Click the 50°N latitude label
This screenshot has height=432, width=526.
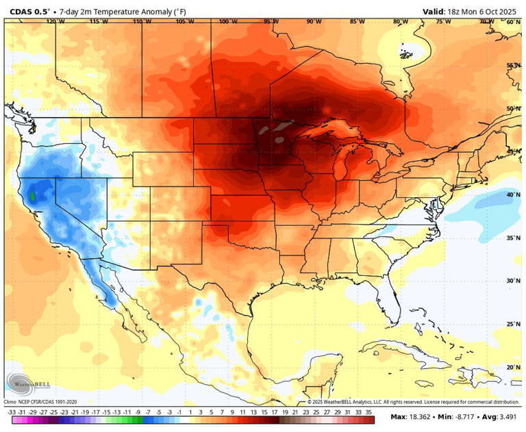click(x=514, y=109)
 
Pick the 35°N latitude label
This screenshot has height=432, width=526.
click(x=514, y=238)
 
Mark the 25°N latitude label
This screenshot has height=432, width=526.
click(x=514, y=324)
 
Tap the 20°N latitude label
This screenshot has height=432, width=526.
click(x=514, y=367)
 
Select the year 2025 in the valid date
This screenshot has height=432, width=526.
click(x=506, y=11)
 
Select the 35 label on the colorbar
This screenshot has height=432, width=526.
click(x=369, y=413)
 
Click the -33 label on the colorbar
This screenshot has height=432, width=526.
click(x=12, y=413)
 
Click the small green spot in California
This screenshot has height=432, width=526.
click(x=32, y=196)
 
